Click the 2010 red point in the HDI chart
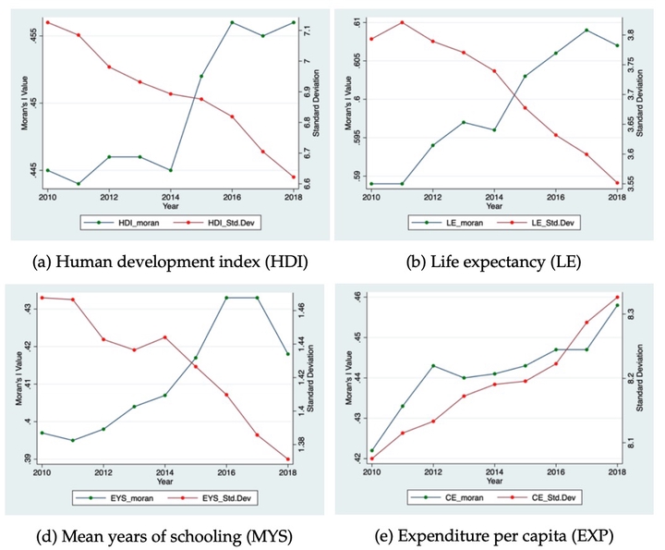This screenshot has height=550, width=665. [47, 22]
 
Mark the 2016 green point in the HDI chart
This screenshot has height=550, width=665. [232, 22]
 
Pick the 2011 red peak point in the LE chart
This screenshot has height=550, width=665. [402, 22]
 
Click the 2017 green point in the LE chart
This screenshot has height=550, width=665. [586, 30]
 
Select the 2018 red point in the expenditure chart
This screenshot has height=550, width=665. [617, 297]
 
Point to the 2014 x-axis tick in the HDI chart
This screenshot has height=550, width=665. [170, 197]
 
